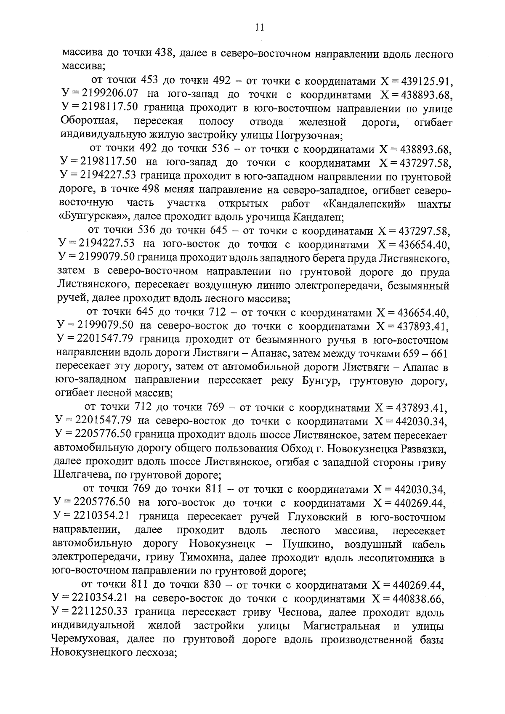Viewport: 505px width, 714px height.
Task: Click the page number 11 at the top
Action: [x=259, y=28]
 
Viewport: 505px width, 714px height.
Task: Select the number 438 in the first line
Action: [x=163, y=53]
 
